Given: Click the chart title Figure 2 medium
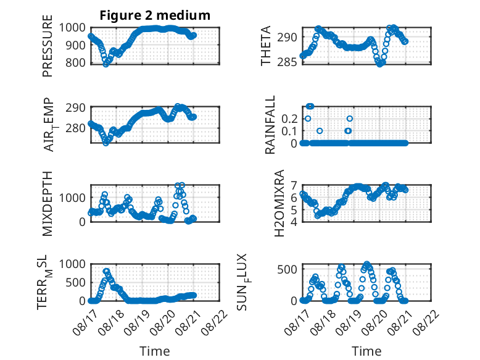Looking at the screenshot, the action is click(x=155, y=15).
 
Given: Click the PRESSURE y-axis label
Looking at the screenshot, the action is click(x=48, y=46).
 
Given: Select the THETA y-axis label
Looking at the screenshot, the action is click(x=266, y=46).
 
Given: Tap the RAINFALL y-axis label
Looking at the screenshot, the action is click(x=270, y=124).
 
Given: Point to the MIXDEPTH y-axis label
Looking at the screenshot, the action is click(x=48, y=203).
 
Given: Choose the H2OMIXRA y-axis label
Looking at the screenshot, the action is click(x=279, y=203).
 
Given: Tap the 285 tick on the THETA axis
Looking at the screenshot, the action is click(x=288, y=62).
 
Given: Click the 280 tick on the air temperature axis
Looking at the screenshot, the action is click(x=76, y=128).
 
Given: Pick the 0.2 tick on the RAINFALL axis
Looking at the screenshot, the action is click(x=289, y=119).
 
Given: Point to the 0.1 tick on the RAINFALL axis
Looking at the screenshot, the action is click(x=289, y=131).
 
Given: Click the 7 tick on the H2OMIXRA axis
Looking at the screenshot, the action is click(x=294, y=185).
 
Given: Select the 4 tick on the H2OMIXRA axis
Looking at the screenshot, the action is click(x=294, y=222).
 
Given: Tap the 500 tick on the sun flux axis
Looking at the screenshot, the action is click(x=288, y=270).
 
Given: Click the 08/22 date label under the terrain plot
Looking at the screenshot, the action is click(x=215, y=322).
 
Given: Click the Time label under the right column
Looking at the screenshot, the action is click(x=366, y=351).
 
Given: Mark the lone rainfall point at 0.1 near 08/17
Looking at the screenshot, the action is click(x=320, y=131).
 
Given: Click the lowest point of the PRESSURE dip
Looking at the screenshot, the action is click(x=106, y=64).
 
